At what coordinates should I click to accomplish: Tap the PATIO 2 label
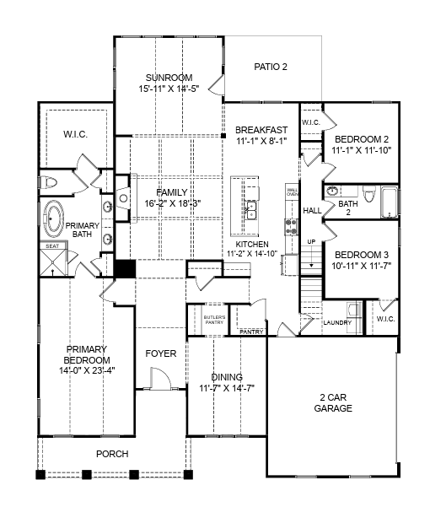[x=271, y=67]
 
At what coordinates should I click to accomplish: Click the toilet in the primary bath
[x=50, y=182]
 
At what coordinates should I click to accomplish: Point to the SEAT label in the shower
[x=51, y=247]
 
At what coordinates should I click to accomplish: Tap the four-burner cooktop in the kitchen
[x=292, y=225]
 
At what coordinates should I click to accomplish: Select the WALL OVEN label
[x=292, y=191]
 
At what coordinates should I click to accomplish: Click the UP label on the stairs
[x=310, y=242]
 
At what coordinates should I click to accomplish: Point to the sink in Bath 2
[x=331, y=191]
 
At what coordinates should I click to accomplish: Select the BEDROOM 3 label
[x=361, y=255]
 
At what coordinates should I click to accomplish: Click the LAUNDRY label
[x=337, y=322]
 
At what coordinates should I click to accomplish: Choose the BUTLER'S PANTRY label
[x=215, y=319]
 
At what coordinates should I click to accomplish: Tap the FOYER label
[x=160, y=353]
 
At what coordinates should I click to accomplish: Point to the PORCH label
[x=111, y=454]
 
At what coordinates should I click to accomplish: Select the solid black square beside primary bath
[x=125, y=269]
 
